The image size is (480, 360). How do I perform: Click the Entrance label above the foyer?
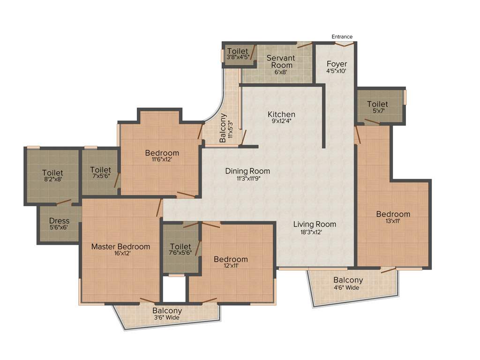342,37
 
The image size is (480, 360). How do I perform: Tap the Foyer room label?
337,64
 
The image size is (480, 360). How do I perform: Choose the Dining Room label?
247,171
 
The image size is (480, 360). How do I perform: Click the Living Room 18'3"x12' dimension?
315,232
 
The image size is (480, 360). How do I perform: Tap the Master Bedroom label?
120,247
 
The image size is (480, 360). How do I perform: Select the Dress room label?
59,221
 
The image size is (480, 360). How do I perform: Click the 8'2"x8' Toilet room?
52,176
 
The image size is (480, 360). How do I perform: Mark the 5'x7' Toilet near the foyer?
377,107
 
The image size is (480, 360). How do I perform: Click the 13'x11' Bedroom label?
393,214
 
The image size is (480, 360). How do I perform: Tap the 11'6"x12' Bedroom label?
162,153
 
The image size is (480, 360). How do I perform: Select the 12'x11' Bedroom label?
231,259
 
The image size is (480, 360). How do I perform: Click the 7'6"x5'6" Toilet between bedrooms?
180,247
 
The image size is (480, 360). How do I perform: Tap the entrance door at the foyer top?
344,44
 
